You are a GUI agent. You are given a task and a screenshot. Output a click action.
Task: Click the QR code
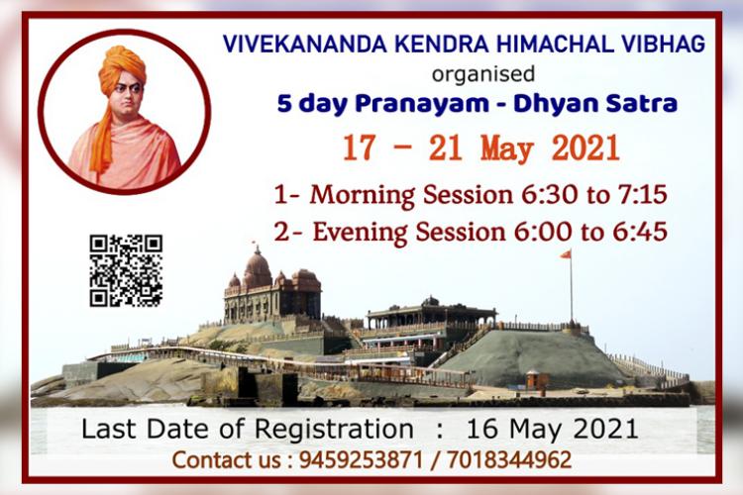click(x=126, y=270)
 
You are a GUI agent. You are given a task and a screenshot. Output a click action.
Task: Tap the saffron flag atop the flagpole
click(x=566, y=254)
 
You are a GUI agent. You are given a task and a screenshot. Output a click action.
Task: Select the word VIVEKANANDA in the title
click(x=306, y=45)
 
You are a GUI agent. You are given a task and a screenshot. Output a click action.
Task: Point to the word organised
click(x=483, y=74)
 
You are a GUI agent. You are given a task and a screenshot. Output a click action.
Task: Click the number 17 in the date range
click(x=359, y=148)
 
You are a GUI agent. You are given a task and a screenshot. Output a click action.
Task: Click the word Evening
click(x=361, y=233)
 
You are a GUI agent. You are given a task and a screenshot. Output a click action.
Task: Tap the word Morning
click(x=363, y=196)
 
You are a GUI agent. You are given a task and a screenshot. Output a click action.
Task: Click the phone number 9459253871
click(x=361, y=460)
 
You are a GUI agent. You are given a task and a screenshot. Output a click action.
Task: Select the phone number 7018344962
click(x=509, y=460)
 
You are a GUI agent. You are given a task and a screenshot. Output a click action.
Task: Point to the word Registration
click(x=334, y=429)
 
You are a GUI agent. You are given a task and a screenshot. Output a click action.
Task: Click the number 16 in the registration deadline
click(x=482, y=429)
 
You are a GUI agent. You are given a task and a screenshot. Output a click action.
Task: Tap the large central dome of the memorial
click(x=258, y=267)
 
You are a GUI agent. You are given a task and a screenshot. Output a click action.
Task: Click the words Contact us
click(x=227, y=460)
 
